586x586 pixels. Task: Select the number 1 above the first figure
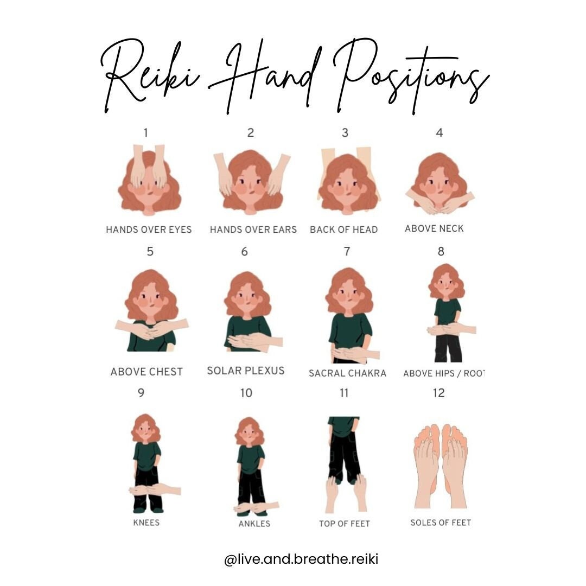click(x=145, y=132)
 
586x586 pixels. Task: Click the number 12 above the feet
click(x=439, y=392)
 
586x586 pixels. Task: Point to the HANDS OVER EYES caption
click(x=149, y=230)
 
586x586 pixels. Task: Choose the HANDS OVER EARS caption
click(x=253, y=230)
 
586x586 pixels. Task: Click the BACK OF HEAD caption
click(x=343, y=230)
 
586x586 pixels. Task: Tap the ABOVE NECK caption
click(x=434, y=228)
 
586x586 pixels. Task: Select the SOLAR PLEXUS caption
click(x=246, y=371)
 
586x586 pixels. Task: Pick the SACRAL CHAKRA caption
click(x=347, y=373)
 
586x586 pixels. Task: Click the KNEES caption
click(x=146, y=523)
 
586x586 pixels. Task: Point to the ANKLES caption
click(x=254, y=524)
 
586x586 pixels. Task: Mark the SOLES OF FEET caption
click(x=441, y=523)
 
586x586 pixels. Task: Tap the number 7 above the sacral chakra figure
click(x=347, y=251)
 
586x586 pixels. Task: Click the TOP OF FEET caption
click(x=345, y=524)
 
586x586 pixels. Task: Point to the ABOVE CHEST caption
click(x=146, y=372)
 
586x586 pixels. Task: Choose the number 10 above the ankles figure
click(x=246, y=392)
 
